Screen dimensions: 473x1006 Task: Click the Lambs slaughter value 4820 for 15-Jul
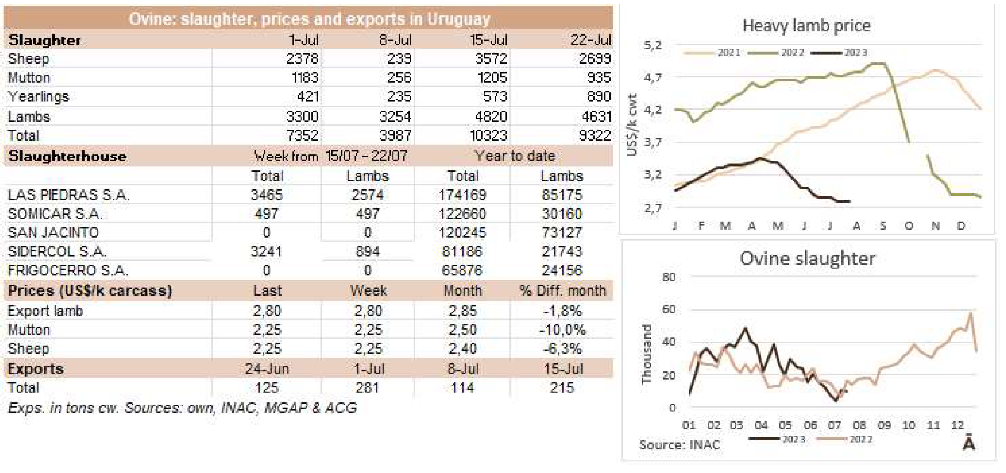[x=491, y=117]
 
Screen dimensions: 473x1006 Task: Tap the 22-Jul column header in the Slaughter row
[x=590, y=40]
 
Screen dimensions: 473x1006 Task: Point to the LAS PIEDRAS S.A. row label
[x=68, y=195]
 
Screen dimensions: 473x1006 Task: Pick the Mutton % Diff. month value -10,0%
[x=562, y=330]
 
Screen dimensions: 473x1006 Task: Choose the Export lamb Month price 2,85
[x=462, y=311]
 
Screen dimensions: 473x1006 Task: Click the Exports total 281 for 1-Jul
[x=368, y=388]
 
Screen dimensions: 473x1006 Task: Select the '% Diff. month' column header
[x=562, y=291]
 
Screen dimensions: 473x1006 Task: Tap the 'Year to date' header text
[x=515, y=156]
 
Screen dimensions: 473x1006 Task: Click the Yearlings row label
[x=38, y=97]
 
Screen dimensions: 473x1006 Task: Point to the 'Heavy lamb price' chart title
[x=806, y=26]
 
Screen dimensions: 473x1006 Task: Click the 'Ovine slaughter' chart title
[x=807, y=258]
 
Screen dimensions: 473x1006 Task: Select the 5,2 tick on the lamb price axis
[x=652, y=45]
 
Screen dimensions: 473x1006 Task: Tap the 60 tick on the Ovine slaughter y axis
[x=669, y=309]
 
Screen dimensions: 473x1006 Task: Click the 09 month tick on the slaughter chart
[x=884, y=425]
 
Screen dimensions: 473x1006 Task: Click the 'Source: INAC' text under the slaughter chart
[x=680, y=445]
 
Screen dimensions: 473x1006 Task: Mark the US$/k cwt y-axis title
[x=632, y=125]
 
